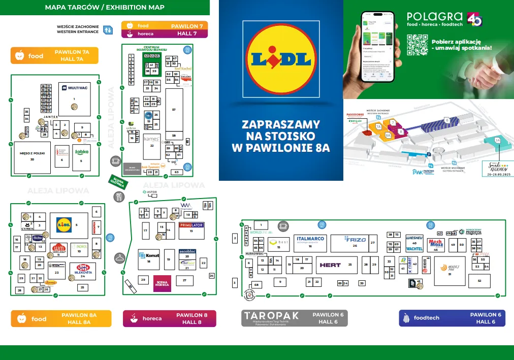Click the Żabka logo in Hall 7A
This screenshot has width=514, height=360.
point(82,152)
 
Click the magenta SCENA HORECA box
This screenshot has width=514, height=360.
point(162,283)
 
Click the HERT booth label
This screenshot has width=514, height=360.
point(330,265)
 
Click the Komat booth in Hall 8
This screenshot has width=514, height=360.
point(149,255)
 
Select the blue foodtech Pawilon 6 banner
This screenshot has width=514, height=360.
point(452,318)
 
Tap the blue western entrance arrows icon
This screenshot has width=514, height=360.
point(107,30)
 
